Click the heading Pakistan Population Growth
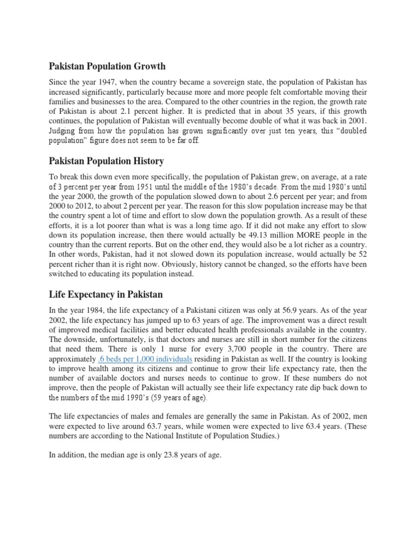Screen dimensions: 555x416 tap(107, 66)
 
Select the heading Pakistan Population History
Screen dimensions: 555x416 tap(106, 161)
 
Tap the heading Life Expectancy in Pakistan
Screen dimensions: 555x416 tap(106, 294)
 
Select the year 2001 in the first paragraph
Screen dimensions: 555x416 tap(355, 120)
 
